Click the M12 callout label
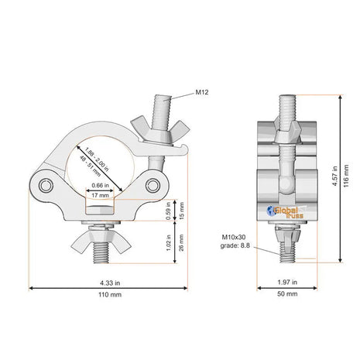(201, 92)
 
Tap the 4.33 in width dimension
(110, 283)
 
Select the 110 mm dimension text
(110, 294)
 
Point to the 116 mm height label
(346, 176)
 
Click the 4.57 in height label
(334, 176)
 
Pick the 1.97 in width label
(287, 283)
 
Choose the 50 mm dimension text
(287, 293)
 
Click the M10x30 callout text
(234, 237)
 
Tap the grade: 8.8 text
(235, 245)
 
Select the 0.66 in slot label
(100, 185)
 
